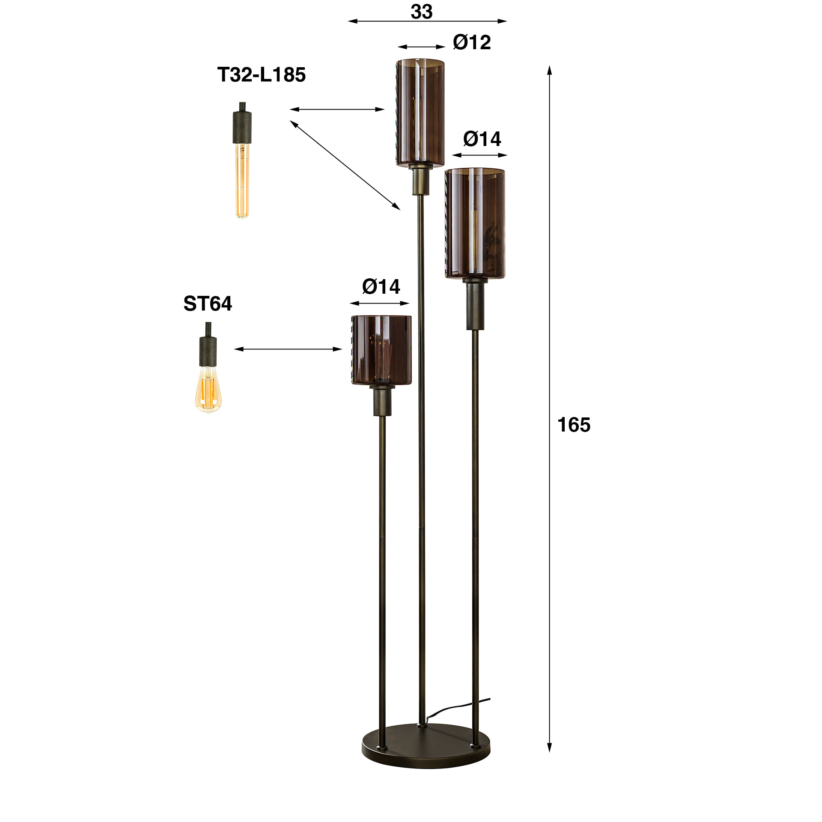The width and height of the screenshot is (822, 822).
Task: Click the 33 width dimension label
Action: click(421, 12)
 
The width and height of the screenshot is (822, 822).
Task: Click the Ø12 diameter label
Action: click(471, 42)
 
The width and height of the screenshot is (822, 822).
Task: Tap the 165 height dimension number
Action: click(574, 425)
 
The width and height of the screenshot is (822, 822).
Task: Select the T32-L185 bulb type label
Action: click(261, 75)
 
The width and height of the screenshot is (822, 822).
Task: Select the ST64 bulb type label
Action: click(208, 304)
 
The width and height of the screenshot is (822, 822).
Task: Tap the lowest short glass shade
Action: click(381, 350)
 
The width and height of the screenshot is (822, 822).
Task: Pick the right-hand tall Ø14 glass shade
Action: click(475, 223)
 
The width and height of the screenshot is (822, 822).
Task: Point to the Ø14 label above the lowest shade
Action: click(381, 286)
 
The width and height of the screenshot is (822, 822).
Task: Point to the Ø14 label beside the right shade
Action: click(482, 139)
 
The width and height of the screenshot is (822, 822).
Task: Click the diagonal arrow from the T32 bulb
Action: click(345, 165)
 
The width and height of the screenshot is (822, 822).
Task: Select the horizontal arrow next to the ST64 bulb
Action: click(288, 349)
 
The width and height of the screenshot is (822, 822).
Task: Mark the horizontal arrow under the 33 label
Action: click(427, 21)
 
